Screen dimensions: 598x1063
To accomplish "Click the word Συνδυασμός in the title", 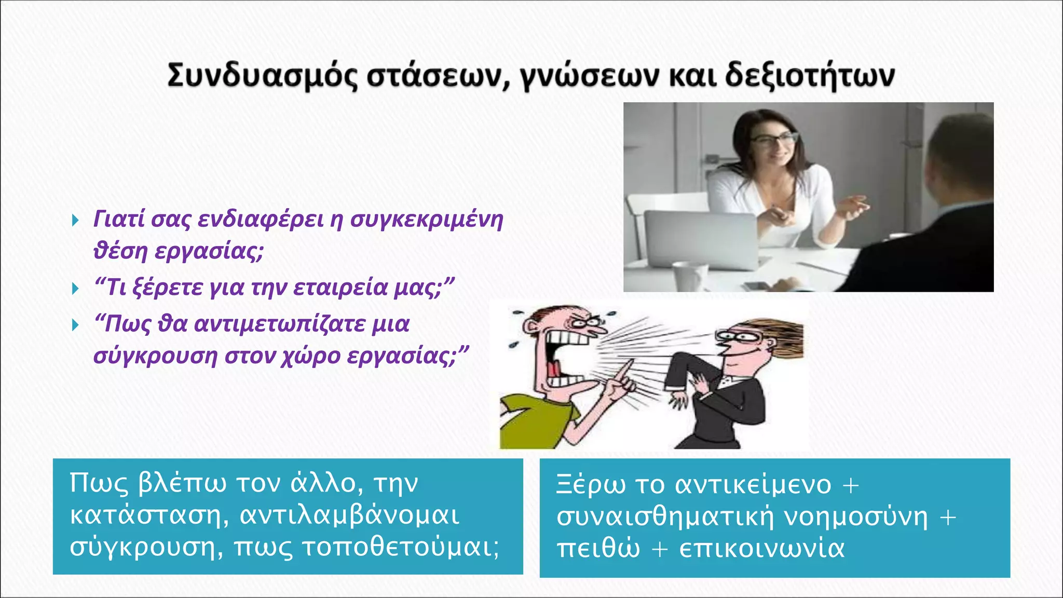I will [262, 76].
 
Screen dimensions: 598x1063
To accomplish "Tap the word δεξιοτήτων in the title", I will [809, 76].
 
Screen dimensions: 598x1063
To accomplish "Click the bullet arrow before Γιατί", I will [76, 221].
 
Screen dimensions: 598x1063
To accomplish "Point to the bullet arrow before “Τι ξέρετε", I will [76, 289].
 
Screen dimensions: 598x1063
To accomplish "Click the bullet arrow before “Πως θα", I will [76, 325].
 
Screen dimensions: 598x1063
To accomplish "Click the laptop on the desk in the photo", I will [701, 239].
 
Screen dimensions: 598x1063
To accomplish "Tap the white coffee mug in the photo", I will [690, 275].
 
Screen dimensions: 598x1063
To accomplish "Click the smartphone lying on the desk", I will [755, 286].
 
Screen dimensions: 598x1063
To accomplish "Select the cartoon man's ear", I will [530, 327].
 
